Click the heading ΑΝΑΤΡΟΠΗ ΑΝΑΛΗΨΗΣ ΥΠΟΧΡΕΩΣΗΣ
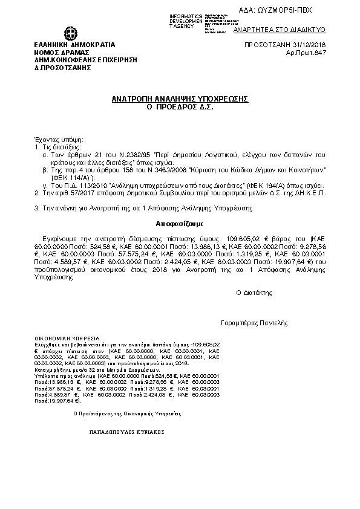[x=180, y=98]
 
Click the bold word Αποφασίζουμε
[x=180, y=222]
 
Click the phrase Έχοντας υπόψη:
[x=54, y=139]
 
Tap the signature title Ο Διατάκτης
[x=254, y=292]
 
